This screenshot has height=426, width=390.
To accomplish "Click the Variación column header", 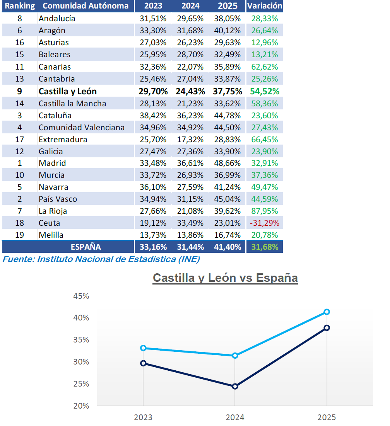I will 265,6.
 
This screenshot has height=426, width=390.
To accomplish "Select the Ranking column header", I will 20,6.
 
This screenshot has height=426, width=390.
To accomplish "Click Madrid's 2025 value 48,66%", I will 227,163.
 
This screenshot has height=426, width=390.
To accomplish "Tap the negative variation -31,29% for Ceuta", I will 265,223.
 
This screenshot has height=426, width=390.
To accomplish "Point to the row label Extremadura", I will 63,139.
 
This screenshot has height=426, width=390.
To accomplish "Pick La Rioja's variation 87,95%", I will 265,211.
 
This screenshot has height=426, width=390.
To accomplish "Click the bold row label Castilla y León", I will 68,91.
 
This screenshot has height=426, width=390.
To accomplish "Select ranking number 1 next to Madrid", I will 20,163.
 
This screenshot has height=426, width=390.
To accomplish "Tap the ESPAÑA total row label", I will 86,247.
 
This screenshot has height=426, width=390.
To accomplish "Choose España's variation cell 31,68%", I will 265,247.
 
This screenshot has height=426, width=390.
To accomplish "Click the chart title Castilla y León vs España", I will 225,278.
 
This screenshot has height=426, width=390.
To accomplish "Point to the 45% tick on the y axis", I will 81,296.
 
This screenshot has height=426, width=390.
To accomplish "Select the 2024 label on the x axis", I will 235,417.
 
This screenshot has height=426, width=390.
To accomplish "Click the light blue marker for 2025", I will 327,312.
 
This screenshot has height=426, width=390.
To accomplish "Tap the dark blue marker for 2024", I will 235,386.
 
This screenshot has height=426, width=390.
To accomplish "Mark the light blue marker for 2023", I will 143,348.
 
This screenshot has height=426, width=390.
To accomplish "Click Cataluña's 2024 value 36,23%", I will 190,115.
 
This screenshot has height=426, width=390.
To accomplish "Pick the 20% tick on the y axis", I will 81,406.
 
